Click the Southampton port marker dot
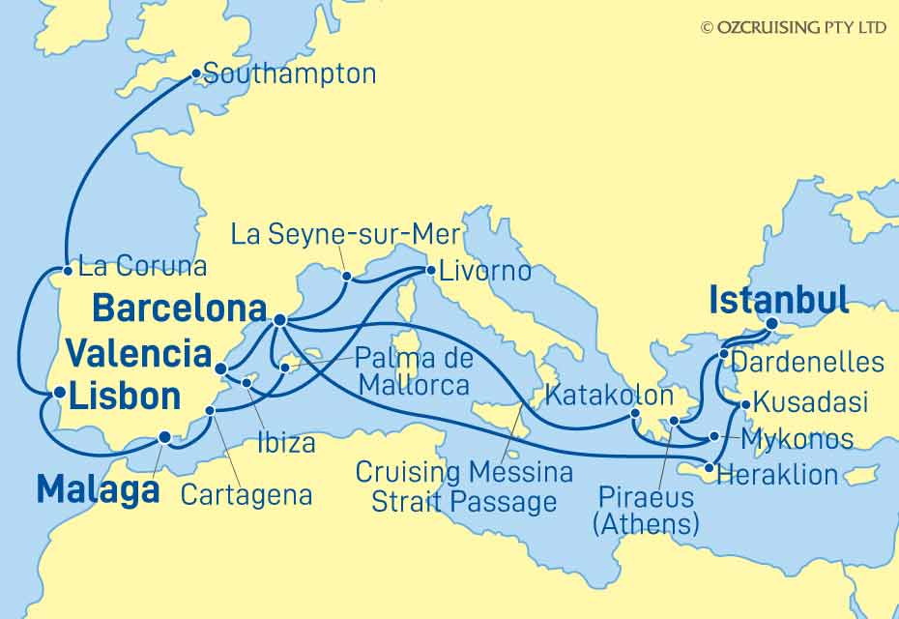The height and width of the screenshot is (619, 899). coord(196,73)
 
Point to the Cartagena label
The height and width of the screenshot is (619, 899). coord(247,495)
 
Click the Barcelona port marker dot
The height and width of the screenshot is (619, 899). coord(278,319)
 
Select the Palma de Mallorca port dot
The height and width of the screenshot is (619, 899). coord(284,367)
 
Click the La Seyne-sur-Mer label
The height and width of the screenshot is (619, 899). coord(346,233)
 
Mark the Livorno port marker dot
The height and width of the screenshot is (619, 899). coord(426,270)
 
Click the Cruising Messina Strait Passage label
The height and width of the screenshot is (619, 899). coord(464,486)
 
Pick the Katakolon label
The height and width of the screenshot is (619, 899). coord(609,395)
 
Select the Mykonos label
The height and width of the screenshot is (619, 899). coord(797,439)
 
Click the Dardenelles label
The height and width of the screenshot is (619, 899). coord(807,362)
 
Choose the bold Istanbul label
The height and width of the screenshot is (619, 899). coord(778,300)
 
